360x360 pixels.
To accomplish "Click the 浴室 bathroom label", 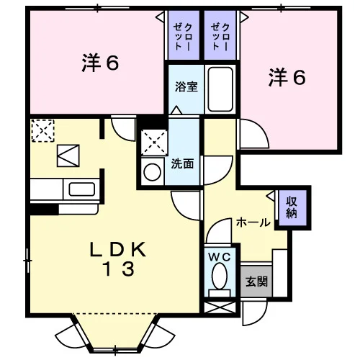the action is point(186,86).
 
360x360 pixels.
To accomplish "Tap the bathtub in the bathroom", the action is point(220,89).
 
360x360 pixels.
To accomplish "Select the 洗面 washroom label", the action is point(182,163).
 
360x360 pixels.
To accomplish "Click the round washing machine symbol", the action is point(152,172).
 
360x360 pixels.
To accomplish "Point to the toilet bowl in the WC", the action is point(220,276).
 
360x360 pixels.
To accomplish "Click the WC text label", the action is point(220,257).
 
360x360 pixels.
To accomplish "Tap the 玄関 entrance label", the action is point(256,282).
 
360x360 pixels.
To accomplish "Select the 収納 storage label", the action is point(292,207).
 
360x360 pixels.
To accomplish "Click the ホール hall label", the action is point(253,222).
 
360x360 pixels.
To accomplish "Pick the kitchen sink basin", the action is point(81,189).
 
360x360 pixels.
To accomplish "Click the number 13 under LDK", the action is point(118,269).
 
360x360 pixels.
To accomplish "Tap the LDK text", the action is point(118,250).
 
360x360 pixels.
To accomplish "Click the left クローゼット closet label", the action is point(183,36).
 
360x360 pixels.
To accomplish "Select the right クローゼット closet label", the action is point(220,36).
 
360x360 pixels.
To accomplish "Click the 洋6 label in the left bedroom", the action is point(100,63).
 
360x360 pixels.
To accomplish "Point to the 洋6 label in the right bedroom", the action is point(287,77).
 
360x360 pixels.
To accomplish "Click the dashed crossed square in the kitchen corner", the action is point(42,130).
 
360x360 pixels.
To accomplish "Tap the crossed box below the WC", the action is point(220,307).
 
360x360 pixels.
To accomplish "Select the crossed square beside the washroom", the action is point(154,142).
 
